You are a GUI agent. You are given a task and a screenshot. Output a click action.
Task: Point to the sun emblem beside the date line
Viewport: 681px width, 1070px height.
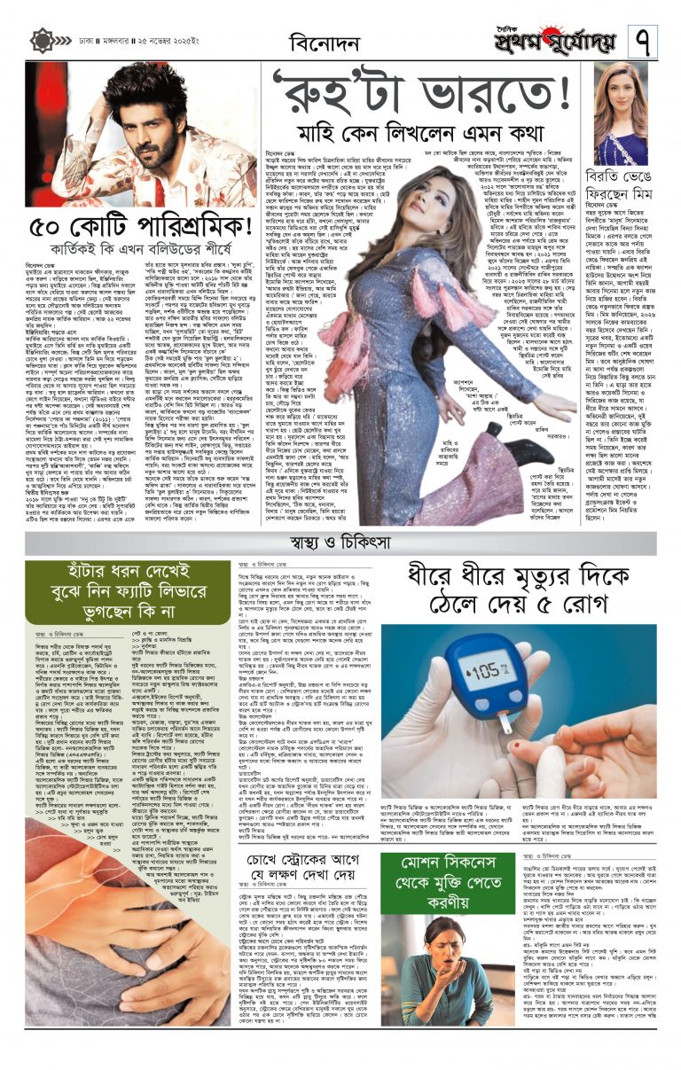[x=41, y=41]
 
